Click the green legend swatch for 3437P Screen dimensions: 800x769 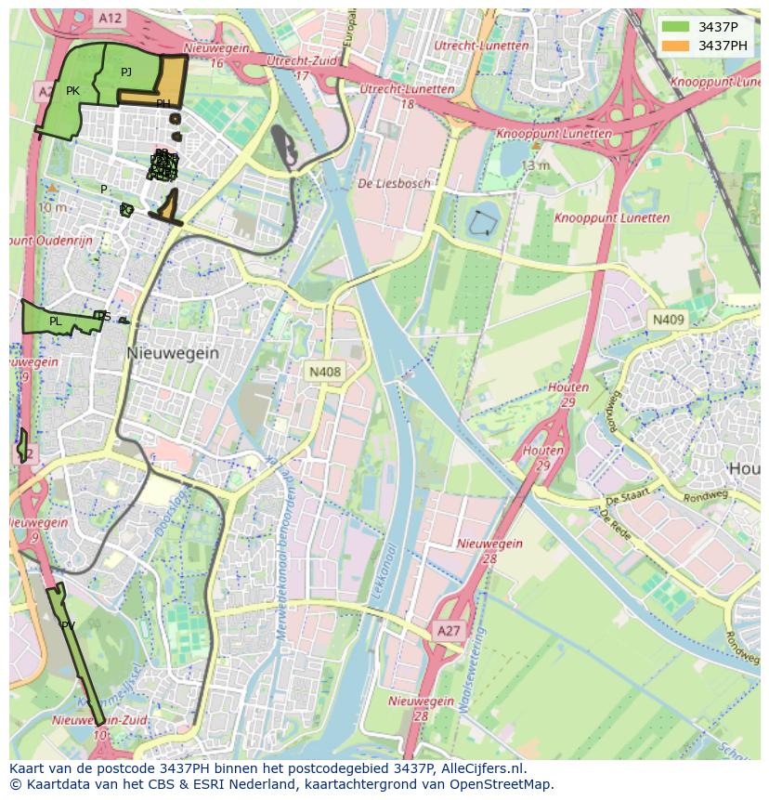coord(675,27)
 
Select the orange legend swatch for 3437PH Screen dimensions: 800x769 coord(675,46)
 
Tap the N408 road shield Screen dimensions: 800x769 coord(325,372)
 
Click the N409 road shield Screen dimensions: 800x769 coord(667,320)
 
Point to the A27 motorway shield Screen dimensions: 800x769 coord(448,632)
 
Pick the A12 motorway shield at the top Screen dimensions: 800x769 coord(110,18)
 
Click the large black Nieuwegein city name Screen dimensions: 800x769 coord(173,353)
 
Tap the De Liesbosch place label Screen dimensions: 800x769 coord(395,184)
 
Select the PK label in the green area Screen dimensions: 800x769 coord(72,91)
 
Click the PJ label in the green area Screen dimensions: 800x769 coord(126,72)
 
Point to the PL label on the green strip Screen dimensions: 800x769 coord(56,321)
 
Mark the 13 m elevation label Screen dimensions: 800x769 coord(534,164)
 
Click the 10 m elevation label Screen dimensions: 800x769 coord(52,207)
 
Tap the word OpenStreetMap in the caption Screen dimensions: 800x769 coord(501,784)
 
